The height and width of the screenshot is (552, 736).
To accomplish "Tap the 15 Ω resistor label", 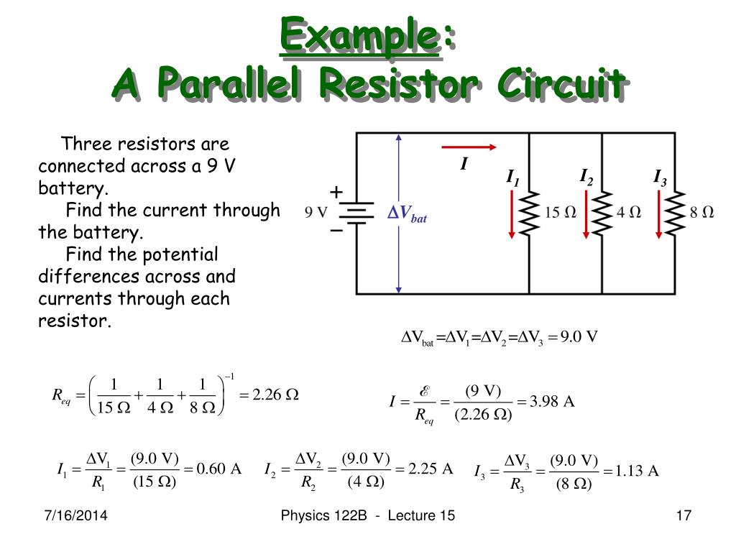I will click(561, 213).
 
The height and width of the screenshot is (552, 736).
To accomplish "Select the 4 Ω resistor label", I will click(629, 213).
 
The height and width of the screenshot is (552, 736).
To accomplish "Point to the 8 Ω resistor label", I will click(701, 213).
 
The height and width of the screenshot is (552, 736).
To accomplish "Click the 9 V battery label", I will click(316, 213).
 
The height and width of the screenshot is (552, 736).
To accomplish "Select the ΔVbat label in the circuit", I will click(408, 213).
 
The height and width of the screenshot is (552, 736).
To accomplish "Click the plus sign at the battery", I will click(336, 192).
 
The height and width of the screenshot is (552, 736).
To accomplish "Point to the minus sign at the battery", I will click(336, 231).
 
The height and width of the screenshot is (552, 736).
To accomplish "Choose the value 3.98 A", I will click(552, 401).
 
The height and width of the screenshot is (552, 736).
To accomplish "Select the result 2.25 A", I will click(431, 469).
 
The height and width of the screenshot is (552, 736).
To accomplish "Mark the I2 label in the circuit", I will click(586, 176).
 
